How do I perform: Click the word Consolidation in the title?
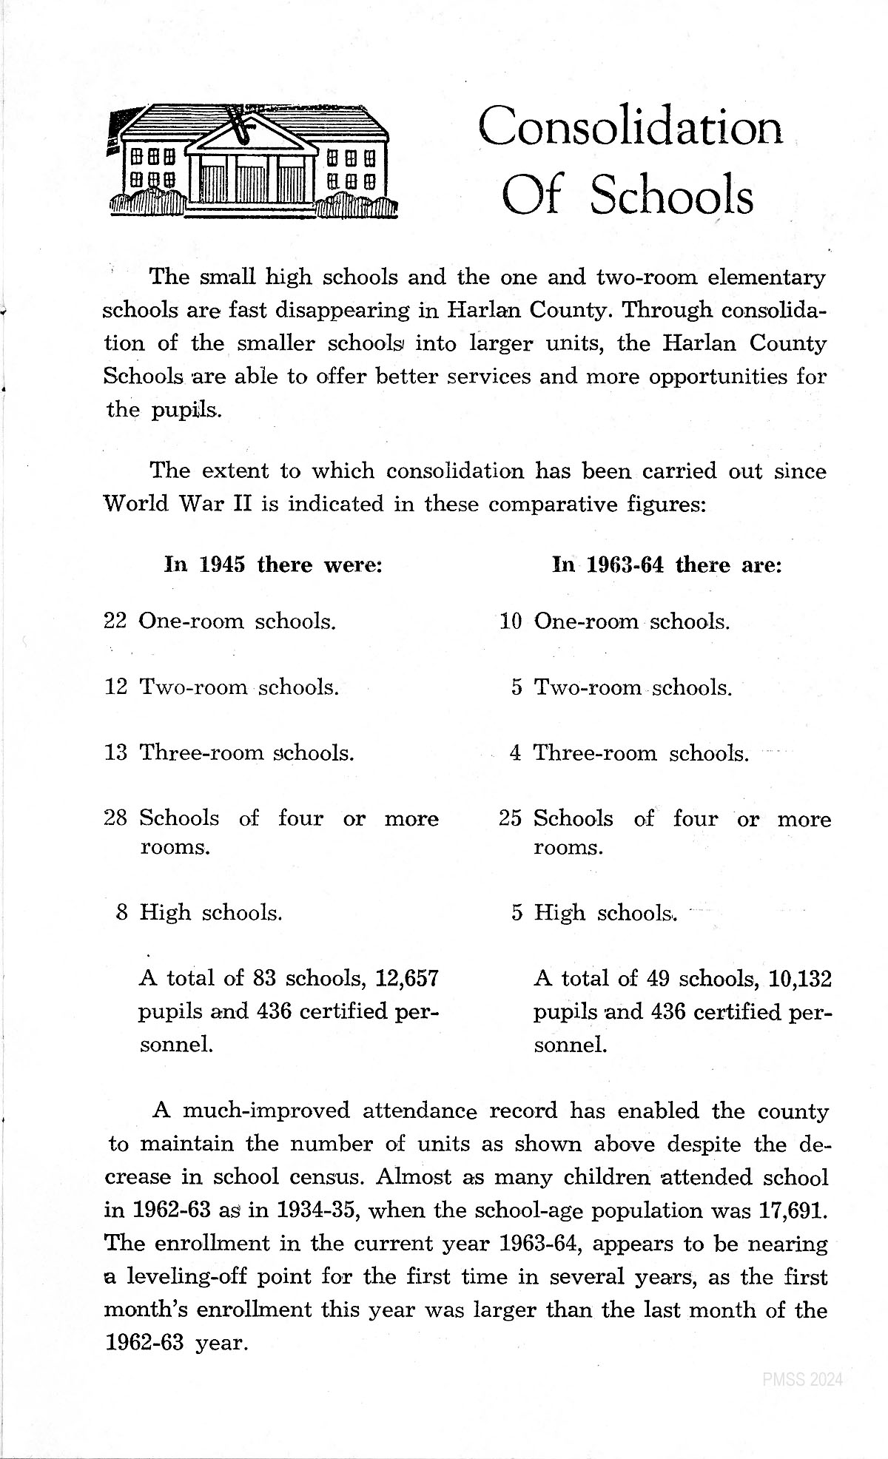[x=630, y=127]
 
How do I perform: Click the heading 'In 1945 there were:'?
[x=272, y=565]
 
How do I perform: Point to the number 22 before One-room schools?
[x=116, y=621]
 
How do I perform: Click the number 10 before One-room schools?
[x=511, y=621]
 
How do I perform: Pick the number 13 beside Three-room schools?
[x=116, y=753]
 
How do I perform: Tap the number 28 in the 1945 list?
[x=116, y=818]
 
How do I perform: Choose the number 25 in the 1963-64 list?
[x=511, y=819]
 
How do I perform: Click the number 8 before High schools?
[x=122, y=913]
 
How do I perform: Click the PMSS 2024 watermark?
[x=803, y=1380]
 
